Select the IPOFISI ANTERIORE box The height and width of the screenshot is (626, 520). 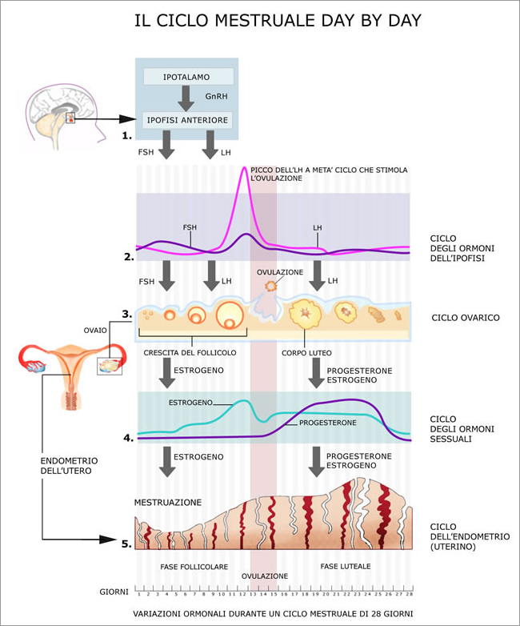tap(188, 120)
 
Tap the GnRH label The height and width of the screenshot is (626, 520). tap(217, 96)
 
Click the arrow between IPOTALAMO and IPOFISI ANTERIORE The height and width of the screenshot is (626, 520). tap(186, 98)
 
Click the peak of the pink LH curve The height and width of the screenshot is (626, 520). tap(242, 170)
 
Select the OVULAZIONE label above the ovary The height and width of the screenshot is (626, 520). tap(280, 272)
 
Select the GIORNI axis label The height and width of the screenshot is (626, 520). tap(115, 592)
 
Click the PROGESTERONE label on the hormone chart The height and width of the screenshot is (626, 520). tap(327, 421)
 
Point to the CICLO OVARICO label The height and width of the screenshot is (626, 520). tap(466, 318)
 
